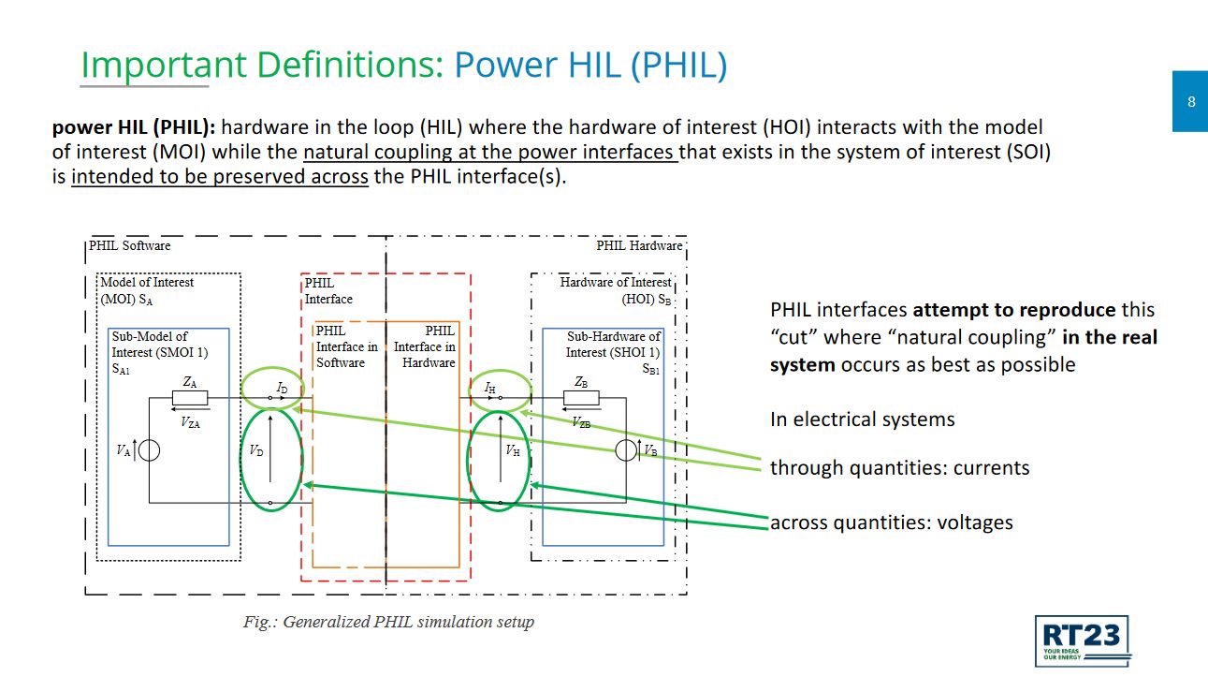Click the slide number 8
(1191, 101)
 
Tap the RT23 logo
(1083, 640)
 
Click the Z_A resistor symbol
(190, 398)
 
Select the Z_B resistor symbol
(581, 398)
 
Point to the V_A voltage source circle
(149, 450)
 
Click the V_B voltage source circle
(626, 450)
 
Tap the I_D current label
(282, 388)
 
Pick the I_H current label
(489, 388)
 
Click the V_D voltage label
(256, 450)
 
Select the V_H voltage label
(513, 450)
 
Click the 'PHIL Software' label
(129, 245)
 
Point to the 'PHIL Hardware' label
(639, 245)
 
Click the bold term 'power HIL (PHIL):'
(134, 127)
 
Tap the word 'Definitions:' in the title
(350, 65)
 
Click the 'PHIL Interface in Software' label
(346, 346)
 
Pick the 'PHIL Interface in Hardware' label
(425, 346)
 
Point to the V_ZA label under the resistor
(190, 422)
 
